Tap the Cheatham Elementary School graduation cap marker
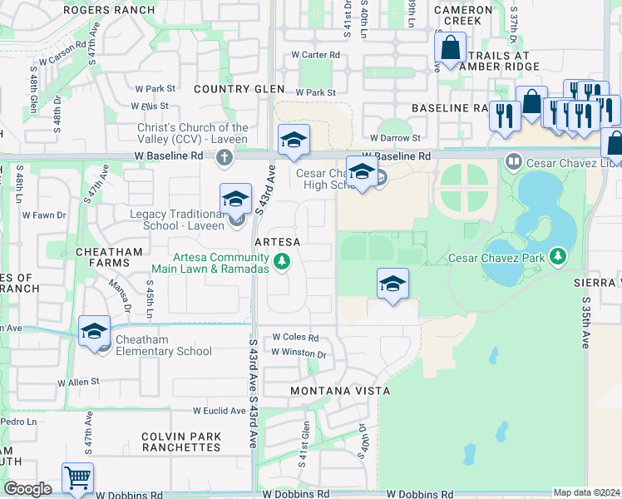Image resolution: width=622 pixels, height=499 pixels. (x=95, y=331)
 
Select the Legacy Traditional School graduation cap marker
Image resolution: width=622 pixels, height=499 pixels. (x=236, y=200)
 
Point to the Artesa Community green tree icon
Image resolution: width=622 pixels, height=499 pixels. (x=282, y=262)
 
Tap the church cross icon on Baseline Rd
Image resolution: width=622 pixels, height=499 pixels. (x=224, y=156)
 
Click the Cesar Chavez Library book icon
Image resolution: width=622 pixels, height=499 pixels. (x=513, y=160)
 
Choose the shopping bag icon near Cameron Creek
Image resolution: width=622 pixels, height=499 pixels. (x=450, y=48)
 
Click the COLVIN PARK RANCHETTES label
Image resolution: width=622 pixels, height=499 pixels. (x=181, y=442)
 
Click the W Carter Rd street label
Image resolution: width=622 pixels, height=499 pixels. (x=315, y=55)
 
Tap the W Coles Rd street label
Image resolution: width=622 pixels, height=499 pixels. (x=295, y=338)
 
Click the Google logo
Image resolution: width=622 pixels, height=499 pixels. (x=27, y=489)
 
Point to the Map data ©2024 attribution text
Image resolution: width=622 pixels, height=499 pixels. (x=586, y=492)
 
